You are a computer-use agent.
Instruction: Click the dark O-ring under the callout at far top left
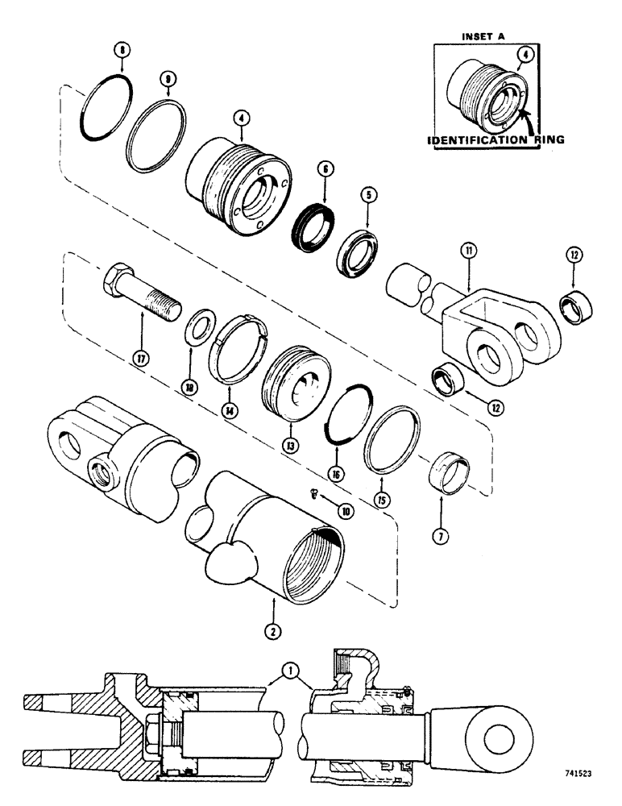pos(103,106)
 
